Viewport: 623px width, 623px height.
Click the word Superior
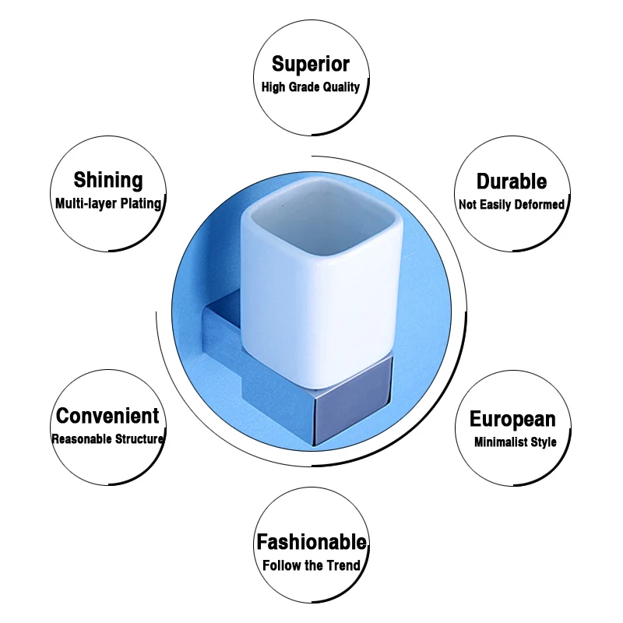pos(311,64)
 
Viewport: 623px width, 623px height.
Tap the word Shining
pos(108,180)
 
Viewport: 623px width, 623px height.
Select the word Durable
pos(512,181)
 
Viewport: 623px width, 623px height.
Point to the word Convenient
pos(107,416)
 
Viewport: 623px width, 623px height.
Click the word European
pos(512,420)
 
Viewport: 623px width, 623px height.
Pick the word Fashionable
pos(311,542)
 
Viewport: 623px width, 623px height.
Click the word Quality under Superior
pos(341,87)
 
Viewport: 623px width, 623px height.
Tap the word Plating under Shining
pos(141,204)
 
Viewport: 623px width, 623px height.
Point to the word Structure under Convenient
pos(139,439)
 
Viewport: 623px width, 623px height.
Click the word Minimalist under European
pos(501,442)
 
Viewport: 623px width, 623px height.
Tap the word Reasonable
pos(82,439)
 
